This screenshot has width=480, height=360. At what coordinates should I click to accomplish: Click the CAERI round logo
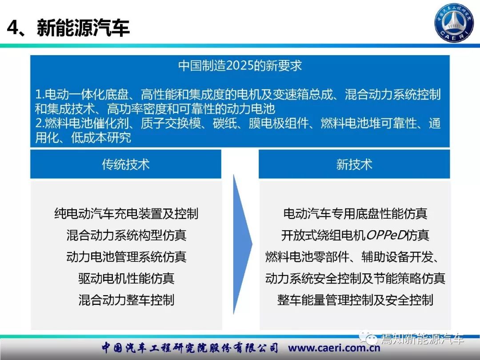[x=454, y=23]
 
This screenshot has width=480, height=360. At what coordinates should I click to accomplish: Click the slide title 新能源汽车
[x=83, y=28]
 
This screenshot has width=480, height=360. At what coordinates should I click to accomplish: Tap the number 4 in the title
[x=13, y=28]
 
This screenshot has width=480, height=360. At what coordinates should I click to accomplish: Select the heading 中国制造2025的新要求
[x=240, y=65]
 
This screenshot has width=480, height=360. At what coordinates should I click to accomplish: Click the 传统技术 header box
[x=126, y=164]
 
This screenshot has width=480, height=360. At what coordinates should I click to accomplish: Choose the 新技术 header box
[x=354, y=164]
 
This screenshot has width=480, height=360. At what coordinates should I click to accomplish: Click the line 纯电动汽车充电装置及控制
[x=126, y=213]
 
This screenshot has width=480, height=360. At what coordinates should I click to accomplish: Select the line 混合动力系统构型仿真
[x=126, y=235]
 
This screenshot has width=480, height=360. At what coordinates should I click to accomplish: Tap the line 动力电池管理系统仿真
[x=126, y=256]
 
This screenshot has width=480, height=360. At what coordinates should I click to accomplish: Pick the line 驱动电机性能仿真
[x=126, y=278]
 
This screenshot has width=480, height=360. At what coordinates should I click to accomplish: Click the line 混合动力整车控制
[x=126, y=300]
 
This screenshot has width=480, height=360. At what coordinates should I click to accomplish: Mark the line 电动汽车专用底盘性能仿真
[x=355, y=213]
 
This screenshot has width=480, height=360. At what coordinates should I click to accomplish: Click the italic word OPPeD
[x=385, y=235]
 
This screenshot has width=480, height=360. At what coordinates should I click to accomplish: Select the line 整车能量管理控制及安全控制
[x=355, y=300]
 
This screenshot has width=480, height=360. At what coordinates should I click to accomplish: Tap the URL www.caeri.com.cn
[x=334, y=348]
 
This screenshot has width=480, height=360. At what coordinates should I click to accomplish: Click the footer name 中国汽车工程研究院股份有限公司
[x=190, y=348]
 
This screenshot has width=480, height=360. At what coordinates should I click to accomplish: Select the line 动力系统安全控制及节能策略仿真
[x=355, y=278]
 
